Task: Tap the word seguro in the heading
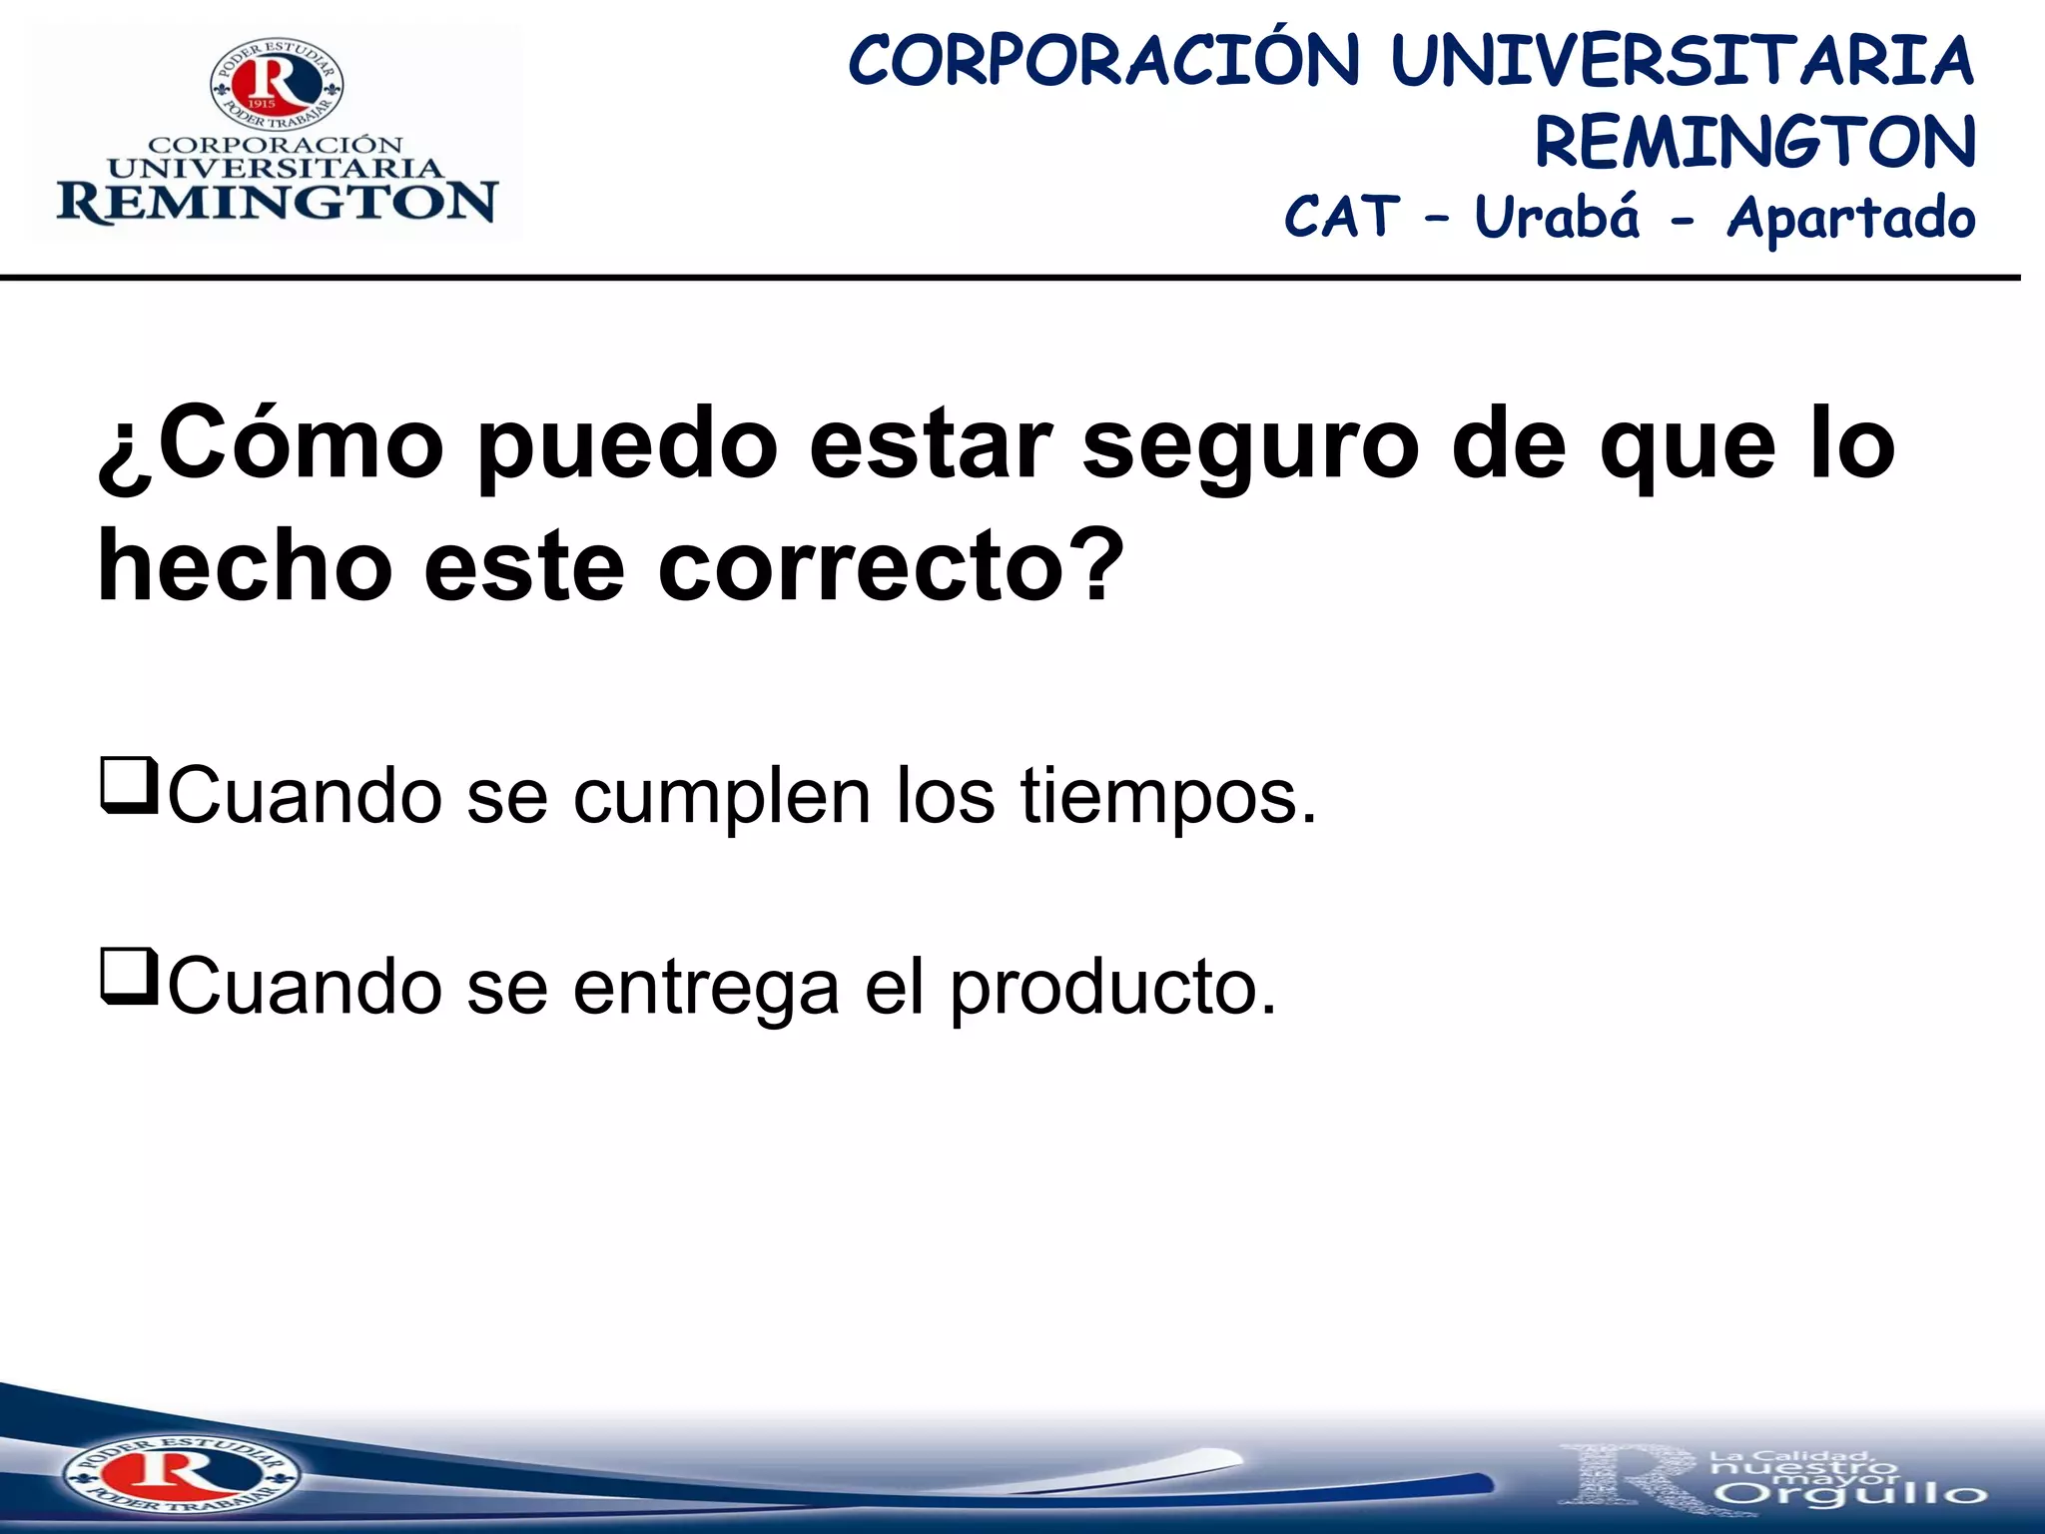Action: (1249, 446)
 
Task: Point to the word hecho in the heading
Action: (245, 566)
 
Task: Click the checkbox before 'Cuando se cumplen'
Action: (129, 786)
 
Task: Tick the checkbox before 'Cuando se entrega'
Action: (129, 977)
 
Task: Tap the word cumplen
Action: (722, 798)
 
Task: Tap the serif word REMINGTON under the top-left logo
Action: (277, 203)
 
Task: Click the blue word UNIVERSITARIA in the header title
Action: (1682, 62)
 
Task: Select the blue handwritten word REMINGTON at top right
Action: (1755, 142)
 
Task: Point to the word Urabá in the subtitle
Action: (1557, 217)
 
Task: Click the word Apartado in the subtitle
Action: (1851, 219)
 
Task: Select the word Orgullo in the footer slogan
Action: (1854, 1495)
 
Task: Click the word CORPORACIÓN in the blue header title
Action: (1103, 62)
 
